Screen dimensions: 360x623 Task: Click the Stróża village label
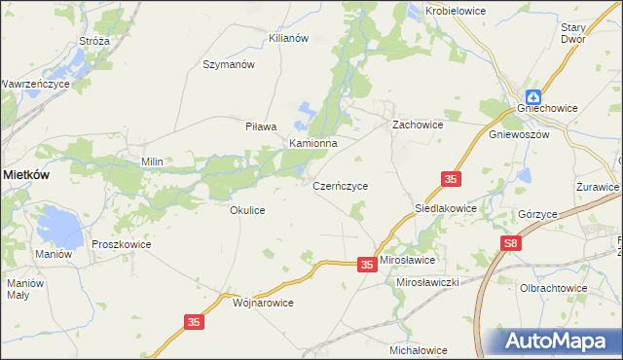94,42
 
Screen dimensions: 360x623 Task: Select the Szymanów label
228,64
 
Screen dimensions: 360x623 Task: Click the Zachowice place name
418,126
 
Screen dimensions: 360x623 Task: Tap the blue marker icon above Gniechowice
534,96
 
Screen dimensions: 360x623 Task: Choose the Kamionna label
312,143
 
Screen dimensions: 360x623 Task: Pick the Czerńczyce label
340,184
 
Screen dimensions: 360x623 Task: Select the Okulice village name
247,209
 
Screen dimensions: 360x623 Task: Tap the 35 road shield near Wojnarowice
194,320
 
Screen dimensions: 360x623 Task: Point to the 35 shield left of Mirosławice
366,264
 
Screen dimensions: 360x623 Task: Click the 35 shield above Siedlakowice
450,179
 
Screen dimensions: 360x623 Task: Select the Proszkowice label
122,244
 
